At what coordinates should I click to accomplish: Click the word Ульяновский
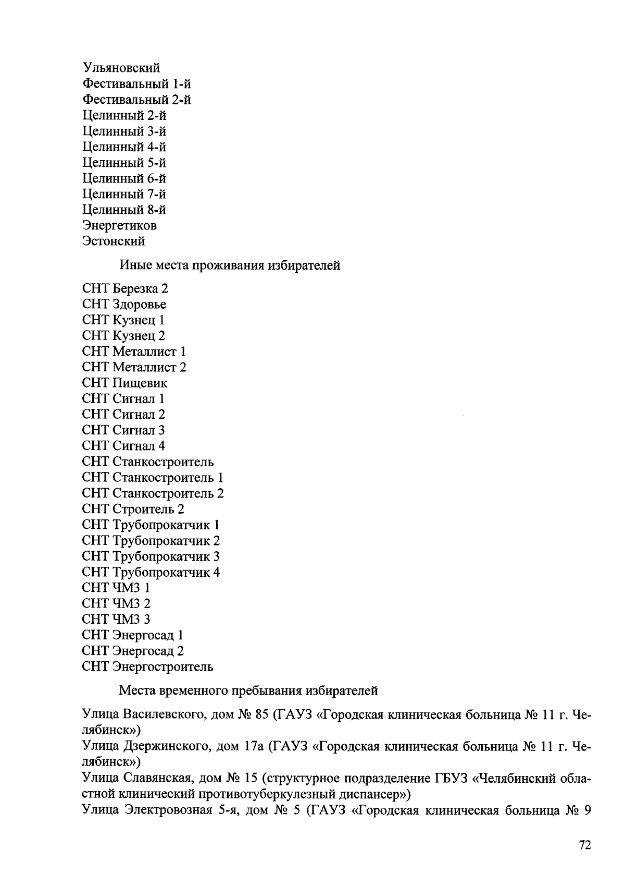[121, 68]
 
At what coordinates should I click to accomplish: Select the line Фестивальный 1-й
[137, 83]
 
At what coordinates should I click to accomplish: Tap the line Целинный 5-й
[124, 163]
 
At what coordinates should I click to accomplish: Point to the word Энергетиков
[120, 226]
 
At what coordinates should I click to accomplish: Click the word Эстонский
[114, 241]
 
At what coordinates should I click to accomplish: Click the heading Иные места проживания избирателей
[230, 265]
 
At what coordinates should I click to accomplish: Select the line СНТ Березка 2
[125, 288]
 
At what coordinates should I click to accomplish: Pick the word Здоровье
[140, 304]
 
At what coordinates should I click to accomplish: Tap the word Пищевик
[140, 383]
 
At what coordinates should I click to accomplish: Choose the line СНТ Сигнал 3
[123, 430]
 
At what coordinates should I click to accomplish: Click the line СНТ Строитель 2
[133, 509]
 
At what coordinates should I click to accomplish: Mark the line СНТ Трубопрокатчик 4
[151, 572]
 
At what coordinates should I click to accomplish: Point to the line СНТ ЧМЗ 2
[116, 603]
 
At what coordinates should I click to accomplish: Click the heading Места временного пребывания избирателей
[248, 691]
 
